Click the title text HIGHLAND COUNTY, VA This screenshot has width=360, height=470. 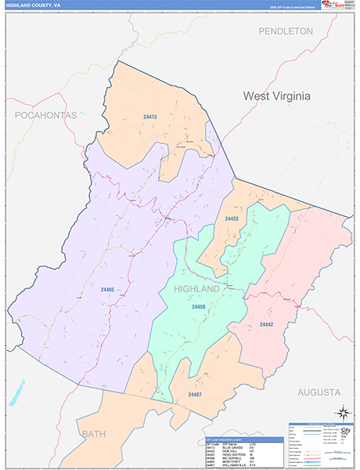point(33,5)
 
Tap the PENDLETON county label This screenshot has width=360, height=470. point(286,31)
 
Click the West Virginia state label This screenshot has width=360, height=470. point(276,96)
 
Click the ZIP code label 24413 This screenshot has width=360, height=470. point(150,117)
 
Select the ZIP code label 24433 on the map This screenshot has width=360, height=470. point(232,219)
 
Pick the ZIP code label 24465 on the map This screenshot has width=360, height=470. point(107,290)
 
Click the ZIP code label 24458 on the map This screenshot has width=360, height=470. point(199,306)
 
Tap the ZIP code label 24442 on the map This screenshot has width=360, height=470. point(266,324)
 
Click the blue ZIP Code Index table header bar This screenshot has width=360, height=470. point(243,439)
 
